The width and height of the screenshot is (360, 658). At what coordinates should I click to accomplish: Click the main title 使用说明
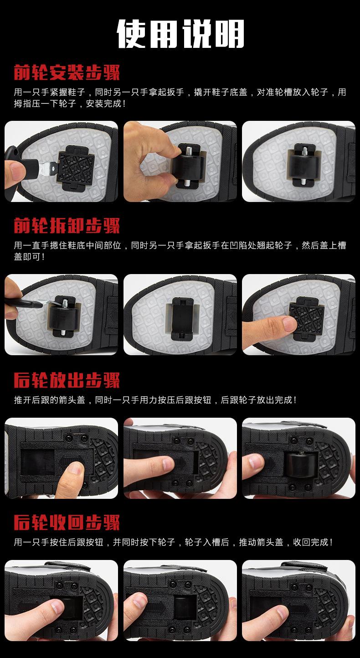coord(180,34)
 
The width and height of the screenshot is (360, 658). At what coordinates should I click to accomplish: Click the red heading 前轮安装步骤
coord(67,72)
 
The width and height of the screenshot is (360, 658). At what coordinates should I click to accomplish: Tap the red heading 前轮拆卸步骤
coord(67,226)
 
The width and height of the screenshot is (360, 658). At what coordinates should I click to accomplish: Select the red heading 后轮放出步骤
coord(67,380)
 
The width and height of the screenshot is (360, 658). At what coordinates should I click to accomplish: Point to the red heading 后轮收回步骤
coord(67,523)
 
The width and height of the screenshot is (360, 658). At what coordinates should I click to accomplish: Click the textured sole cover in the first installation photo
coord(77,167)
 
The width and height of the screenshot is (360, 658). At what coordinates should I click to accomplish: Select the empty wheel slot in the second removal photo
coord(182,319)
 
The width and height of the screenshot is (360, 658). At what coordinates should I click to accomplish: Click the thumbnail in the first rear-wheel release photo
coord(74,468)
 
